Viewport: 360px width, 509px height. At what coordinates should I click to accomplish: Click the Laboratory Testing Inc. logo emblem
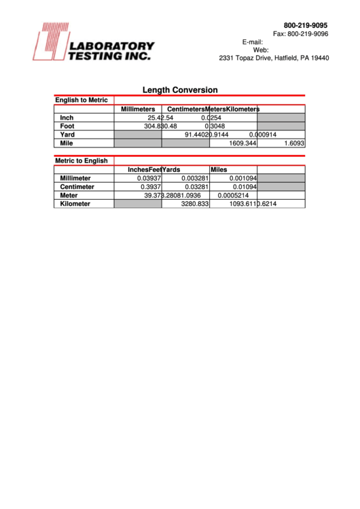(49, 42)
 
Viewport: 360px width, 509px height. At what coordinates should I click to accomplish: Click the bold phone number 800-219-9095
(306, 25)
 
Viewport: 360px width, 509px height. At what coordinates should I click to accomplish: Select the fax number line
(301, 34)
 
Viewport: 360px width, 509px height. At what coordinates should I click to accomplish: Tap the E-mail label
(252, 42)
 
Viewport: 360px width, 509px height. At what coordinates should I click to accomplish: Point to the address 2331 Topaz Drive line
(274, 58)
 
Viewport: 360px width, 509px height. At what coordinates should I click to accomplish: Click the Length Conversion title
(180, 90)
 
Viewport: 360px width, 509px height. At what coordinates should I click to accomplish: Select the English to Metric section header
(82, 101)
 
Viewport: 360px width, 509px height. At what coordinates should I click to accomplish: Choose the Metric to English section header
(82, 161)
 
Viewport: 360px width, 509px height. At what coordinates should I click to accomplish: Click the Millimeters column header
(138, 109)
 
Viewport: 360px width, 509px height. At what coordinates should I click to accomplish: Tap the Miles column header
(219, 170)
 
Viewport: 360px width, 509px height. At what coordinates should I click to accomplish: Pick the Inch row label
(67, 118)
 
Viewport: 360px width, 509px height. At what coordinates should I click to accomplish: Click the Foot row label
(67, 126)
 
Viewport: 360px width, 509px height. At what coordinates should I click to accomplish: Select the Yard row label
(67, 135)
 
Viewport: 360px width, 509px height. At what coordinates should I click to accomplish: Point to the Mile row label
(67, 143)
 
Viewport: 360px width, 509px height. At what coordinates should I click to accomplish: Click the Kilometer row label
(75, 204)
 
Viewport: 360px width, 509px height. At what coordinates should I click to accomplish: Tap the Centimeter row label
(76, 187)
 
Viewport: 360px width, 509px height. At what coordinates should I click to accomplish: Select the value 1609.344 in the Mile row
(242, 143)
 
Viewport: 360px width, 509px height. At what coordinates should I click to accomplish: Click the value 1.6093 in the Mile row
(293, 143)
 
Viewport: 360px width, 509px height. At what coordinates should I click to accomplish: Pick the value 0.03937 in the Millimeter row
(146, 178)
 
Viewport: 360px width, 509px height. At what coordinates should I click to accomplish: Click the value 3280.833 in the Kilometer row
(194, 204)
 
